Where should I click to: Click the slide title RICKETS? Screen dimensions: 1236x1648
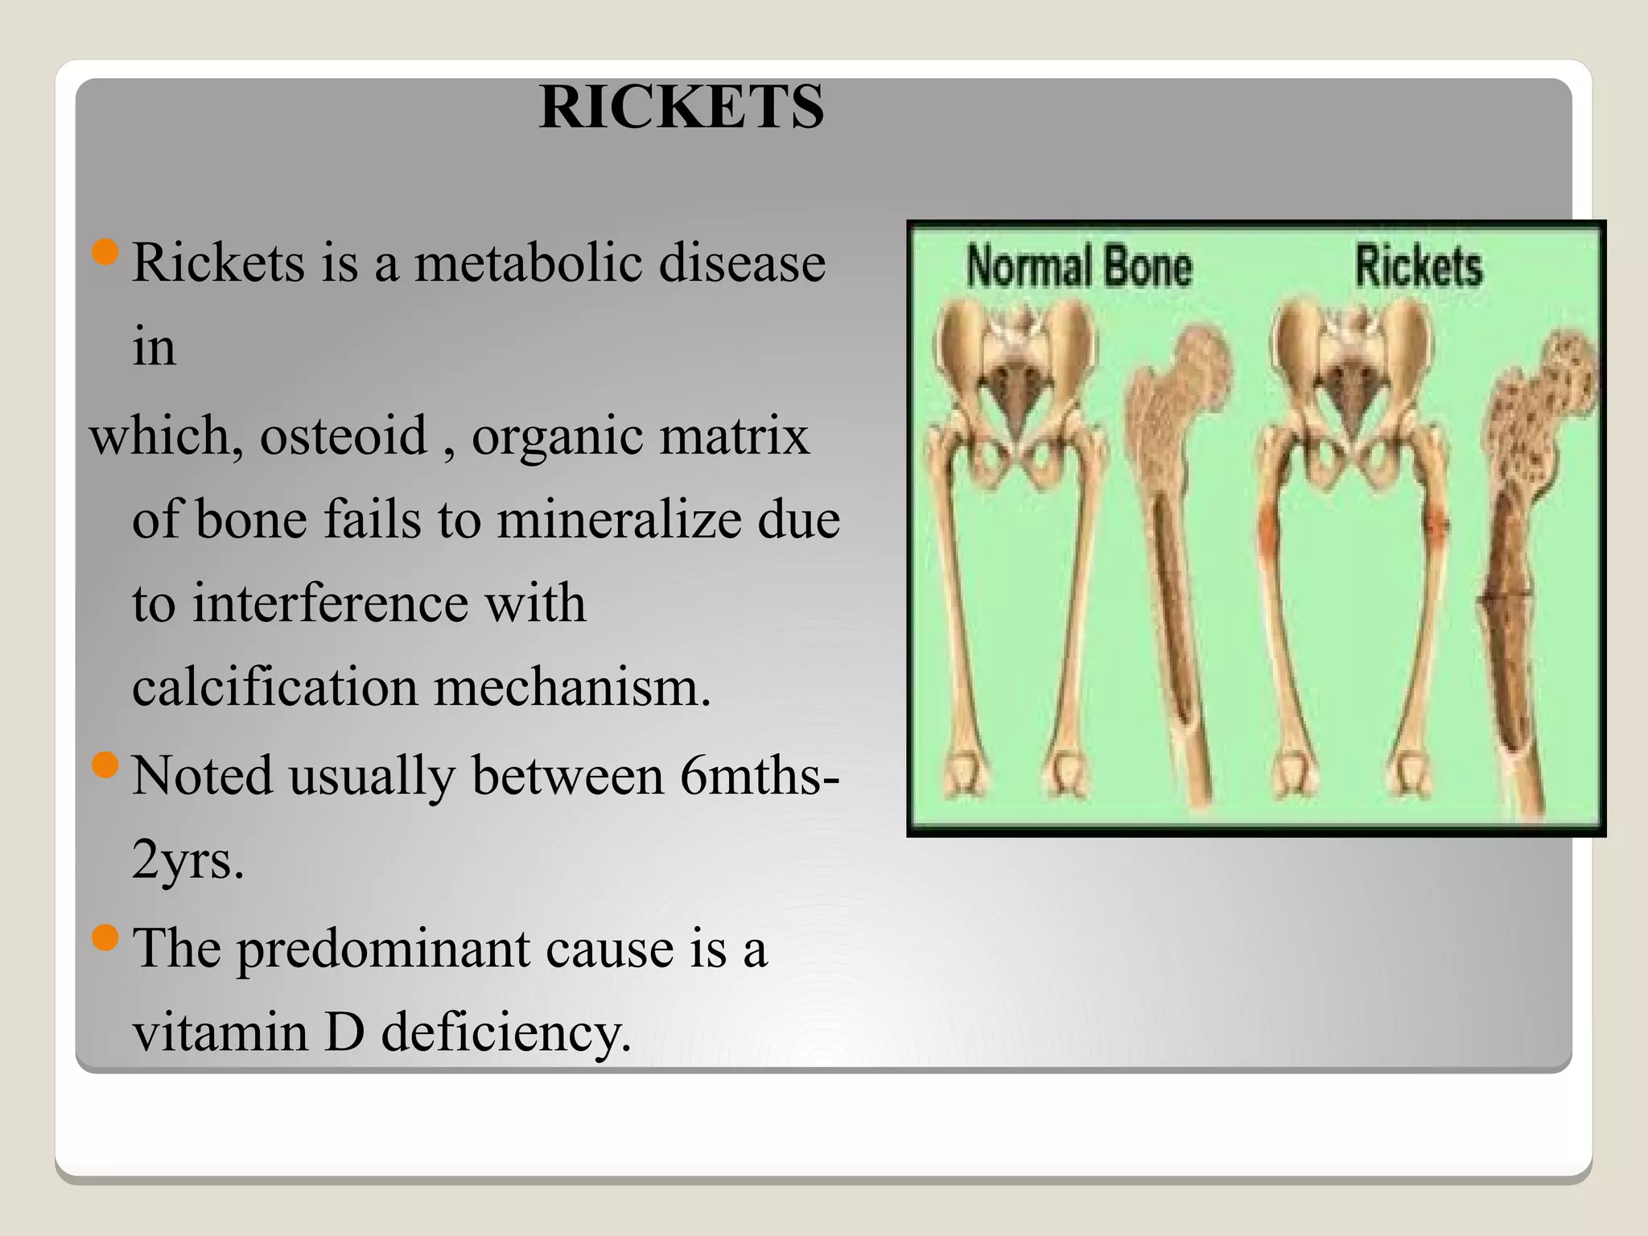(682, 107)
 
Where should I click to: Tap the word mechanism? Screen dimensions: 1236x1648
(572, 688)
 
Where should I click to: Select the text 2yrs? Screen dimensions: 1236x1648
(187, 861)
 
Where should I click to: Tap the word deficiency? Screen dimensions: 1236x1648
(505, 1033)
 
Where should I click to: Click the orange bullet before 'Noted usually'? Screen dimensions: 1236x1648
(106, 764)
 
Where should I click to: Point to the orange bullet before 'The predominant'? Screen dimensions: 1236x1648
(106, 937)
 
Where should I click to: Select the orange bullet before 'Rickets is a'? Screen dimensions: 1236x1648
(106, 253)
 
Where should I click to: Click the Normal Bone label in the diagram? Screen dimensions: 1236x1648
(1078, 266)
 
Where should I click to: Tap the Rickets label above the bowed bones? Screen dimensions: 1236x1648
(1418, 266)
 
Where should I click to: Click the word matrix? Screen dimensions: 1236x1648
(749, 436)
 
